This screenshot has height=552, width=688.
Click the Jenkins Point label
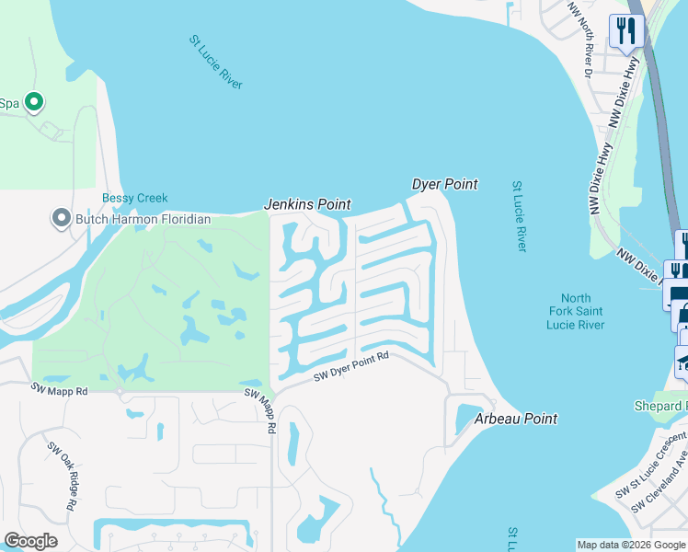(x=308, y=204)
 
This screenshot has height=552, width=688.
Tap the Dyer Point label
(x=444, y=184)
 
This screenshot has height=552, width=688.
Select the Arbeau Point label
(x=516, y=419)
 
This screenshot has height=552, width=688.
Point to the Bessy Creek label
(x=134, y=198)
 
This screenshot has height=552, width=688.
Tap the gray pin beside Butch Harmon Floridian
(x=62, y=219)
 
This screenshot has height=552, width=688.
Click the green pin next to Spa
(x=34, y=102)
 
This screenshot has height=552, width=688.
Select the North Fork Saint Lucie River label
(x=576, y=311)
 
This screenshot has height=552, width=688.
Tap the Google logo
(x=30, y=541)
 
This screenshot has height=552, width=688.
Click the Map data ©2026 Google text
(x=632, y=545)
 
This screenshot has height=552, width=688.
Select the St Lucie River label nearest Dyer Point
(x=520, y=217)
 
